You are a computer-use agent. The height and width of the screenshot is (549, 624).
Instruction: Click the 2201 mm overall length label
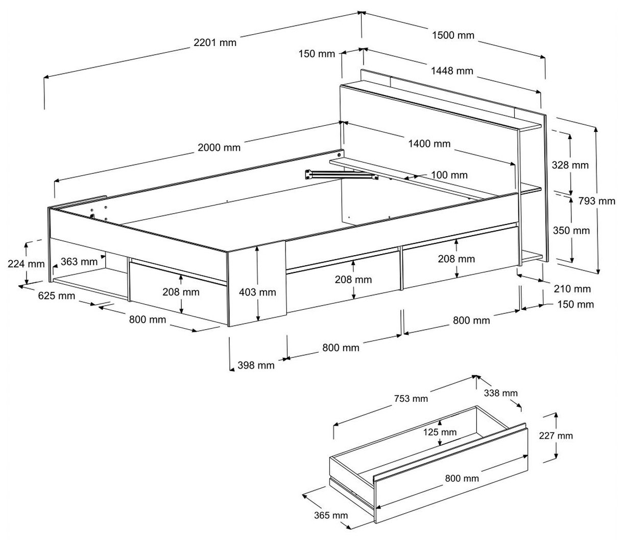pos(215,42)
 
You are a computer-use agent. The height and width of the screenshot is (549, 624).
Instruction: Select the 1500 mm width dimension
pos(453,35)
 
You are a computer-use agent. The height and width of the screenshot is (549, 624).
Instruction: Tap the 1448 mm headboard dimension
pos(452,71)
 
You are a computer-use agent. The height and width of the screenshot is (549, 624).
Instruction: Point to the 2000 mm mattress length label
pos(219,148)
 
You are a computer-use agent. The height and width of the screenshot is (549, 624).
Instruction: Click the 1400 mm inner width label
pos(429,144)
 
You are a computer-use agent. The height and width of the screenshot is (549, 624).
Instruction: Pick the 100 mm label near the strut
pos(449,175)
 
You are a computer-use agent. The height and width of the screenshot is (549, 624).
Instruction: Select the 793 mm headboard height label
pos(597,201)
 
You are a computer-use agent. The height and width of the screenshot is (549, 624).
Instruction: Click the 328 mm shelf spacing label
pos(570,165)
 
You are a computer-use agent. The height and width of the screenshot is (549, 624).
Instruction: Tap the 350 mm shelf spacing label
pos(571,231)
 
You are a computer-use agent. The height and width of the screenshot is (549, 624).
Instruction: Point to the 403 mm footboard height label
pos(258,292)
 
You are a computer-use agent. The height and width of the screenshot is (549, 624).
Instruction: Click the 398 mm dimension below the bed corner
pos(256,365)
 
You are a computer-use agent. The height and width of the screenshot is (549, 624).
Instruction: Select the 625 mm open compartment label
pos(56,296)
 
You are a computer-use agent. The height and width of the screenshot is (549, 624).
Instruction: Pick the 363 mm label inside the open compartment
pos(79,262)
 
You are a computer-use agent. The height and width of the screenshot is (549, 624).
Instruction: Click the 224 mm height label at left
pos(26,264)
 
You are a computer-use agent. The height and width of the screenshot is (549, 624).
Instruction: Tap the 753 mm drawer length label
pos(411,398)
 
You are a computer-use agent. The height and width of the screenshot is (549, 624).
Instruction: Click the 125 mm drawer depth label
pos(440,432)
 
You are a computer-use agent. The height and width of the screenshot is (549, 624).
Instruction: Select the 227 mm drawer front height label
pos(556,436)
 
